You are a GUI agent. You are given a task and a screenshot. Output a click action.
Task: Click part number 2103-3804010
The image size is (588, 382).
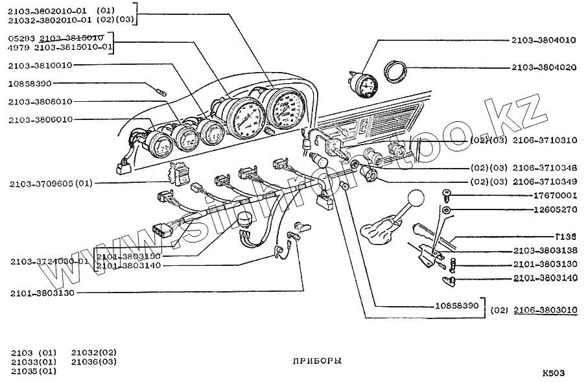[x=543, y=40]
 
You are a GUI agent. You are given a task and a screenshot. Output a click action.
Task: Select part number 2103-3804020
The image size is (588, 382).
[x=543, y=67]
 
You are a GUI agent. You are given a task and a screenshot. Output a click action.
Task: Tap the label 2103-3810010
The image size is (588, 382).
[x=40, y=66]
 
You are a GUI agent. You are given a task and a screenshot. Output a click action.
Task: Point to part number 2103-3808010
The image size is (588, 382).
[x=40, y=101]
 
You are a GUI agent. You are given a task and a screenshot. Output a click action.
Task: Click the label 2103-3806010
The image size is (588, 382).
[x=40, y=119]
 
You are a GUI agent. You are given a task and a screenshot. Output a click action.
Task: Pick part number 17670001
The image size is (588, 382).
[x=554, y=195]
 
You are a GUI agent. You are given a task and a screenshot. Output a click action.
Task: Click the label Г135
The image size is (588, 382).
[x=565, y=237]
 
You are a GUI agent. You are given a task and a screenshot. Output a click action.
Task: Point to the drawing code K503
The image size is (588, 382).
[x=554, y=373]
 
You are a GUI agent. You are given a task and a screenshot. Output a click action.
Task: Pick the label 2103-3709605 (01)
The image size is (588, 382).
[x=51, y=184]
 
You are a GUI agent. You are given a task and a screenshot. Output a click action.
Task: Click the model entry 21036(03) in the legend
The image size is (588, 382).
[x=94, y=361]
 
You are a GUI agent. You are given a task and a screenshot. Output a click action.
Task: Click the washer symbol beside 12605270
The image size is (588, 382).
[x=447, y=211]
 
